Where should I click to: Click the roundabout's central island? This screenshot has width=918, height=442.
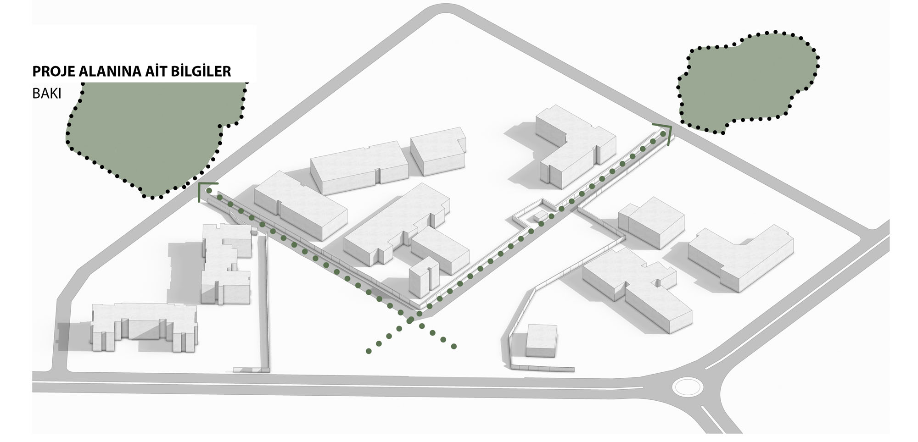(687, 386)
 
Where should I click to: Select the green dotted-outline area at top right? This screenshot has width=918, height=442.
(747, 82)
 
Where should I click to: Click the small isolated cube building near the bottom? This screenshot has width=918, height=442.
(541, 341)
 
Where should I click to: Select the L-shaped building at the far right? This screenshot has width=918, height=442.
(739, 257)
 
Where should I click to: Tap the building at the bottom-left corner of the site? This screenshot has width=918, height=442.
(144, 327)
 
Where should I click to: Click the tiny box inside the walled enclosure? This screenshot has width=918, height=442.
(540, 216)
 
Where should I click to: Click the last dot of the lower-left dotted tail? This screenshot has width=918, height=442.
(369, 351)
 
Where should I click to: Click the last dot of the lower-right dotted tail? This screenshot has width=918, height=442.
(453, 346)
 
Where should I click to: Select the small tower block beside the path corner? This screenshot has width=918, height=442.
(424, 277)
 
